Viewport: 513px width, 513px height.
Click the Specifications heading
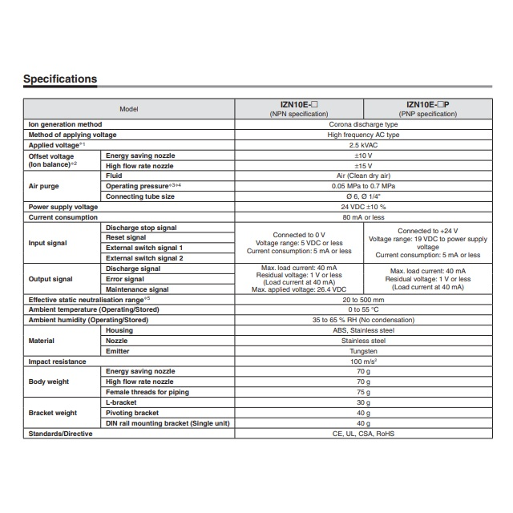(60, 79)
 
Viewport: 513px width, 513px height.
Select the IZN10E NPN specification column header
(297, 109)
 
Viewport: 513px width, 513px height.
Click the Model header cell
(129, 109)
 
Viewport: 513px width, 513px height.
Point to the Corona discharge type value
(362, 125)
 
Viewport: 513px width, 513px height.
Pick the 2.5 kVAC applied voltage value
(362, 145)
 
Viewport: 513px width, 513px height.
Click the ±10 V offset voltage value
(362, 156)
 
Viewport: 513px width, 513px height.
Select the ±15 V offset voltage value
(362, 166)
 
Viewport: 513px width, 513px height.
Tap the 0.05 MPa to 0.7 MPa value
(362, 186)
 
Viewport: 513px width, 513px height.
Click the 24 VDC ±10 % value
(362, 207)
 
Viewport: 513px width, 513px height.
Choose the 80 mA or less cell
(362, 217)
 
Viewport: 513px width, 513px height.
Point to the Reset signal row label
(126, 237)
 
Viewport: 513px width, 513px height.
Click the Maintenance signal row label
(137, 289)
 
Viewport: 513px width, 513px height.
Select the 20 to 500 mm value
(362, 299)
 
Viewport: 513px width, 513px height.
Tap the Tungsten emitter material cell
(362, 351)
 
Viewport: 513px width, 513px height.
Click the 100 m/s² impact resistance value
(362, 362)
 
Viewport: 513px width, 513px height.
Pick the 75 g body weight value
(362, 393)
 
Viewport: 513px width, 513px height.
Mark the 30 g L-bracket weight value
(362, 402)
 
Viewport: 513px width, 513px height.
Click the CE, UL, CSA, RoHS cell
(362, 434)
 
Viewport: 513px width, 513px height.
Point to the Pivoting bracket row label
(132, 413)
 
